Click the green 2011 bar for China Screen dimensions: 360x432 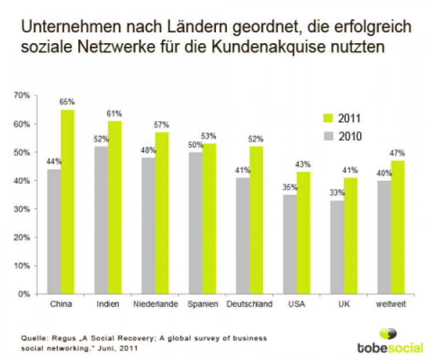pos(67,202)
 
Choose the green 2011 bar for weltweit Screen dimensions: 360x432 pos(398,227)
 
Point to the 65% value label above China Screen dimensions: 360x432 pos(67,101)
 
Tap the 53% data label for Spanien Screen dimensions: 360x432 pos(209,137)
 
